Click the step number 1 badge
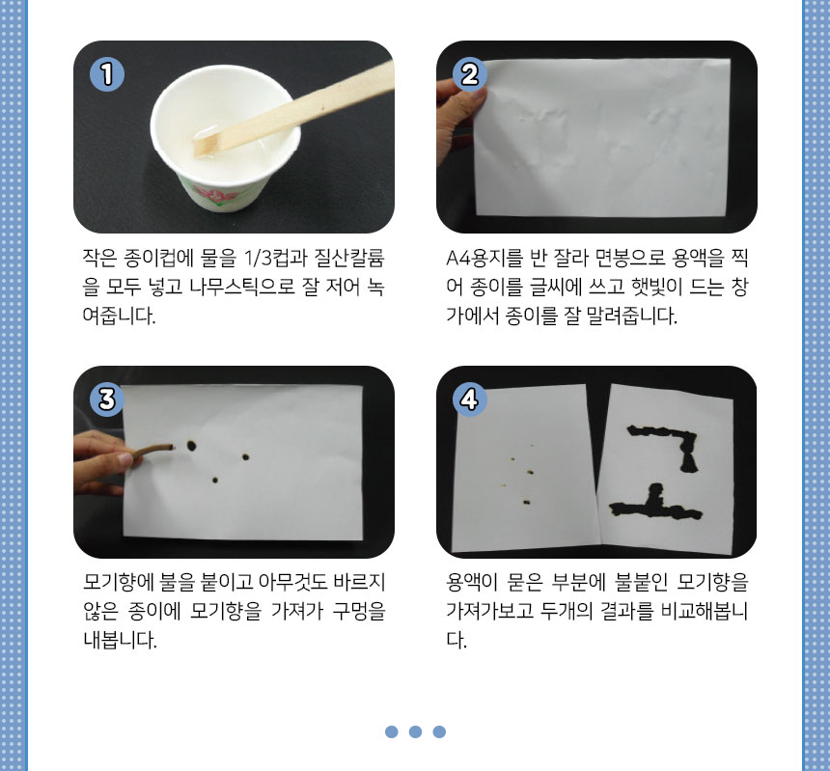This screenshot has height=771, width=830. [x=107, y=74]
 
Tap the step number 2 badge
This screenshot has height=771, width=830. [x=469, y=74]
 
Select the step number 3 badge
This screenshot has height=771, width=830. [x=107, y=399]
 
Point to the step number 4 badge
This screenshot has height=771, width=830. [x=469, y=399]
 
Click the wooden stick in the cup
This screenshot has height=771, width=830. [x=293, y=108]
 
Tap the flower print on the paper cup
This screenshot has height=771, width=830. [x=210, y=192]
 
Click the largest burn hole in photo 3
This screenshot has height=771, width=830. [x=191, y=446]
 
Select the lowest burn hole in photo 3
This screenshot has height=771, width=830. [x=215, y=480]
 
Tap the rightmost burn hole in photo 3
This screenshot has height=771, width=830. [x=245, y=456]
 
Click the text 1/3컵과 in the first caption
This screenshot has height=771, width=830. [x=275, y=258]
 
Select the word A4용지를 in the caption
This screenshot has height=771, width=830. [x=484, y=258]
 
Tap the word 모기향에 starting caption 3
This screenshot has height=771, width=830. [x=119, y=582]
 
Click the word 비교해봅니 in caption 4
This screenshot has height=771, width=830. [x=705, y=611]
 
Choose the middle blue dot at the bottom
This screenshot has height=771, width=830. [x=416, y=731]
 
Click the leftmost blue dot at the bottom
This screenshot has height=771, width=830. [x=392, y=731]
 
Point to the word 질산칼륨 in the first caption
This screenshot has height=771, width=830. [x=349, y=258]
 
